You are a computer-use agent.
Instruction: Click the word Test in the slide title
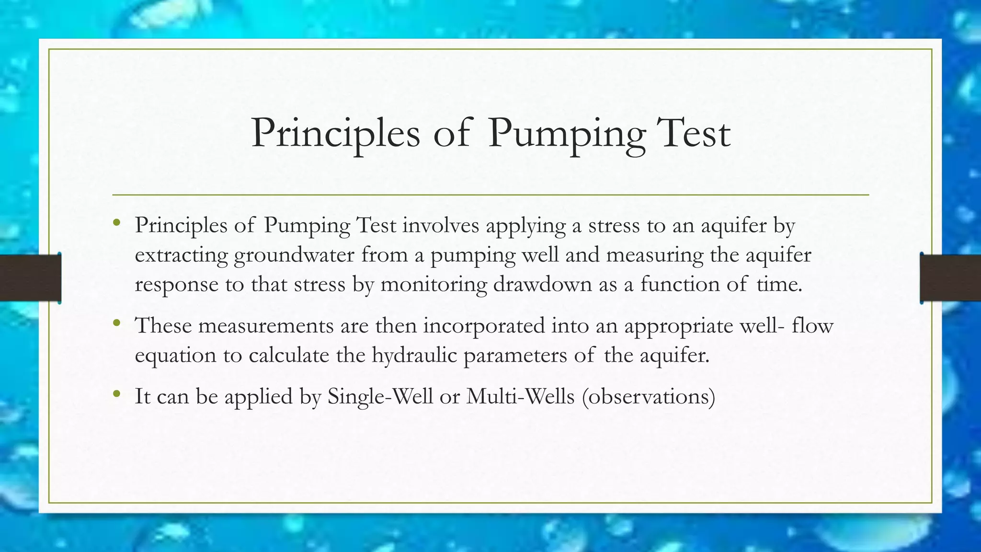tap(693, 133)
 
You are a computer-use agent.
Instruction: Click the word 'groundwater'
tap(294, 255)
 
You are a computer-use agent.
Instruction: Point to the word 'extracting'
tap(181, 255)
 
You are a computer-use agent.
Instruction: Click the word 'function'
tap(680, 284)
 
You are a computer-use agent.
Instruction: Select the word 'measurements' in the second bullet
tap(266, 326)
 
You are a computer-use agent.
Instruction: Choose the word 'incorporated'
tap(484, 326)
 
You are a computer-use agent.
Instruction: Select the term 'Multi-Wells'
tap(520, 397)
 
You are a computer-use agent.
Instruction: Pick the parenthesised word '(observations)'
tap(649, 397)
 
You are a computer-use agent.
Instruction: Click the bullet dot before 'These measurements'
tap(116, 323)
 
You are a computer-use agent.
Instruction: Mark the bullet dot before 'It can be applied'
tap(116, 394)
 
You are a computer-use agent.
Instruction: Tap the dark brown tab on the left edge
tap(30, 278)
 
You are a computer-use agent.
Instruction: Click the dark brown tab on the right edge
tap(950, 278)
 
